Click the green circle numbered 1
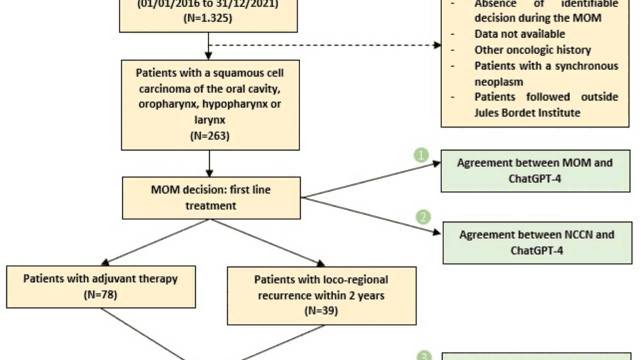pyautogui.click(x=421, y=155)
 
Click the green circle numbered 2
pyautogui.click(x=423, y=217)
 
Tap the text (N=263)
pyautogui.click(x=210, y=136)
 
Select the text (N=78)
pyautogui.click(x=100, y=295)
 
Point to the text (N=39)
pyautogui.click(x=321, y=311)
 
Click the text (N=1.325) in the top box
pyautogui.click(x=208, y=18)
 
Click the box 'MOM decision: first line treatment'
pyautogui.click(x=211, y=198)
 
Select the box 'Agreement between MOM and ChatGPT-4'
pyautogui.click(x=535, y=171)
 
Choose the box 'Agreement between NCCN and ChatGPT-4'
pyautogui.click(x=537, y=243)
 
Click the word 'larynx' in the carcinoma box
pyautogui.click(x=210, y=120)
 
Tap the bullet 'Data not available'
pyautogui.click(x=519, y=34)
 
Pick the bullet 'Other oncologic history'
pyautogui.click(x=532, y=50)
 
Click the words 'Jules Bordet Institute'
pyautogui.click(x=527, y=113)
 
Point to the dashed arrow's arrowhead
pyautogui.click(x=437, y=45)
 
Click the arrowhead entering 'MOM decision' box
pyautogui.click(x=209, y=173)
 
